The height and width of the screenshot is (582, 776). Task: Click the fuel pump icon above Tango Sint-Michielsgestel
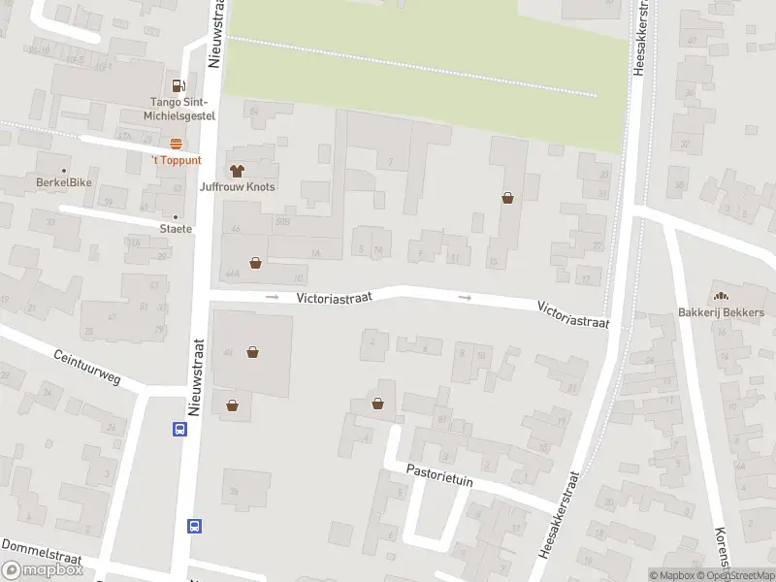[178, 85]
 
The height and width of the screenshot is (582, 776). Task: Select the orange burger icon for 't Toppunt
[176, 144]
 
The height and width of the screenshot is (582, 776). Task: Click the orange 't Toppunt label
[176, 160]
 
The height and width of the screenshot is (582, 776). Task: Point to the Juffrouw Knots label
[237, 186]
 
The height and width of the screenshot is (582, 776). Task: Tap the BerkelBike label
[63, 181]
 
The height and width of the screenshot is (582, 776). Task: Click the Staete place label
[176, 229]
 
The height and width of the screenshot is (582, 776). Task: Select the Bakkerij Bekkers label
[721, 312]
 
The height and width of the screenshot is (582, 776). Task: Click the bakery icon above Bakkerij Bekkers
[721, 296]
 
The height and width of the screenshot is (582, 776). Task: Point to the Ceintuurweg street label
[87, 367]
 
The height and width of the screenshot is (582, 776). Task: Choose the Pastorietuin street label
[439, 474]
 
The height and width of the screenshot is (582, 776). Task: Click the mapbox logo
[42, 570]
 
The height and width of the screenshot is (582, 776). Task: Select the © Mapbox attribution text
[671, 575]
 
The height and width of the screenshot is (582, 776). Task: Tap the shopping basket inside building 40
[253, 352]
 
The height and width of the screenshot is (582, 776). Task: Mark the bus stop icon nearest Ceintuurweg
[180, 429]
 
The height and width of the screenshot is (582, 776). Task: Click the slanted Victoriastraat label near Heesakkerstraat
[573, 313]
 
